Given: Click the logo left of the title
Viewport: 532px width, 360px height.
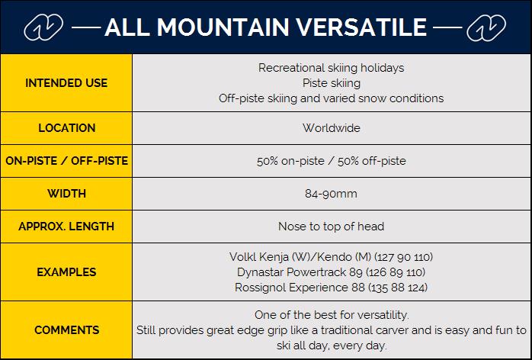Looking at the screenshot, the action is (43, 27).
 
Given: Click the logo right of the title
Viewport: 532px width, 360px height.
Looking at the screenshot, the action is (486, 28).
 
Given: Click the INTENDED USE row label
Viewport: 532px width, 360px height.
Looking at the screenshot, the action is (66, 83).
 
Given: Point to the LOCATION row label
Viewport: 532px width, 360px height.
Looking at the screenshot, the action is (67, 128).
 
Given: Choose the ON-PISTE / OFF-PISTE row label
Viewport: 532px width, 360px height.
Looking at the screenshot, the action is (67, 161).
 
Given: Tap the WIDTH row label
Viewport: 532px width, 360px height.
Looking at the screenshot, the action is (67, 194).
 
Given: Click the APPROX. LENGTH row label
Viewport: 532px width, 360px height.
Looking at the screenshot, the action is (66, 227).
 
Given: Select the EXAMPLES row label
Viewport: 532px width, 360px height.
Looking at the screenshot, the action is (66, 272).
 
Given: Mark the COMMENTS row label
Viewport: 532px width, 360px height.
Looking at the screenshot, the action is (67, 329).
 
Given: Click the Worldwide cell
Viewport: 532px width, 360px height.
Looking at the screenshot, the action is (331, 128).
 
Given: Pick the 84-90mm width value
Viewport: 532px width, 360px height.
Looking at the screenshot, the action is (331, 194).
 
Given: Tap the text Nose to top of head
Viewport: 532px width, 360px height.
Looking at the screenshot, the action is (331, 227).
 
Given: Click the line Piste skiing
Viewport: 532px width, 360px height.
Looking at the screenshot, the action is (332, 83).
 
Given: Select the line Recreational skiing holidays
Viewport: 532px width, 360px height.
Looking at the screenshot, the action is (331, 68).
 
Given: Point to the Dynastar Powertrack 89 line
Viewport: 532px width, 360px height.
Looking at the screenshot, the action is (331, 272).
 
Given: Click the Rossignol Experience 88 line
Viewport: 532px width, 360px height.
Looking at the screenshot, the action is (331, 288).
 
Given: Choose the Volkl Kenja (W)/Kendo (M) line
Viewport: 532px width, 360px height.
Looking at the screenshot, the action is (331, 257).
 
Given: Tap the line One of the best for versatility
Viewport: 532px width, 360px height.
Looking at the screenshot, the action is (332, 315).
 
